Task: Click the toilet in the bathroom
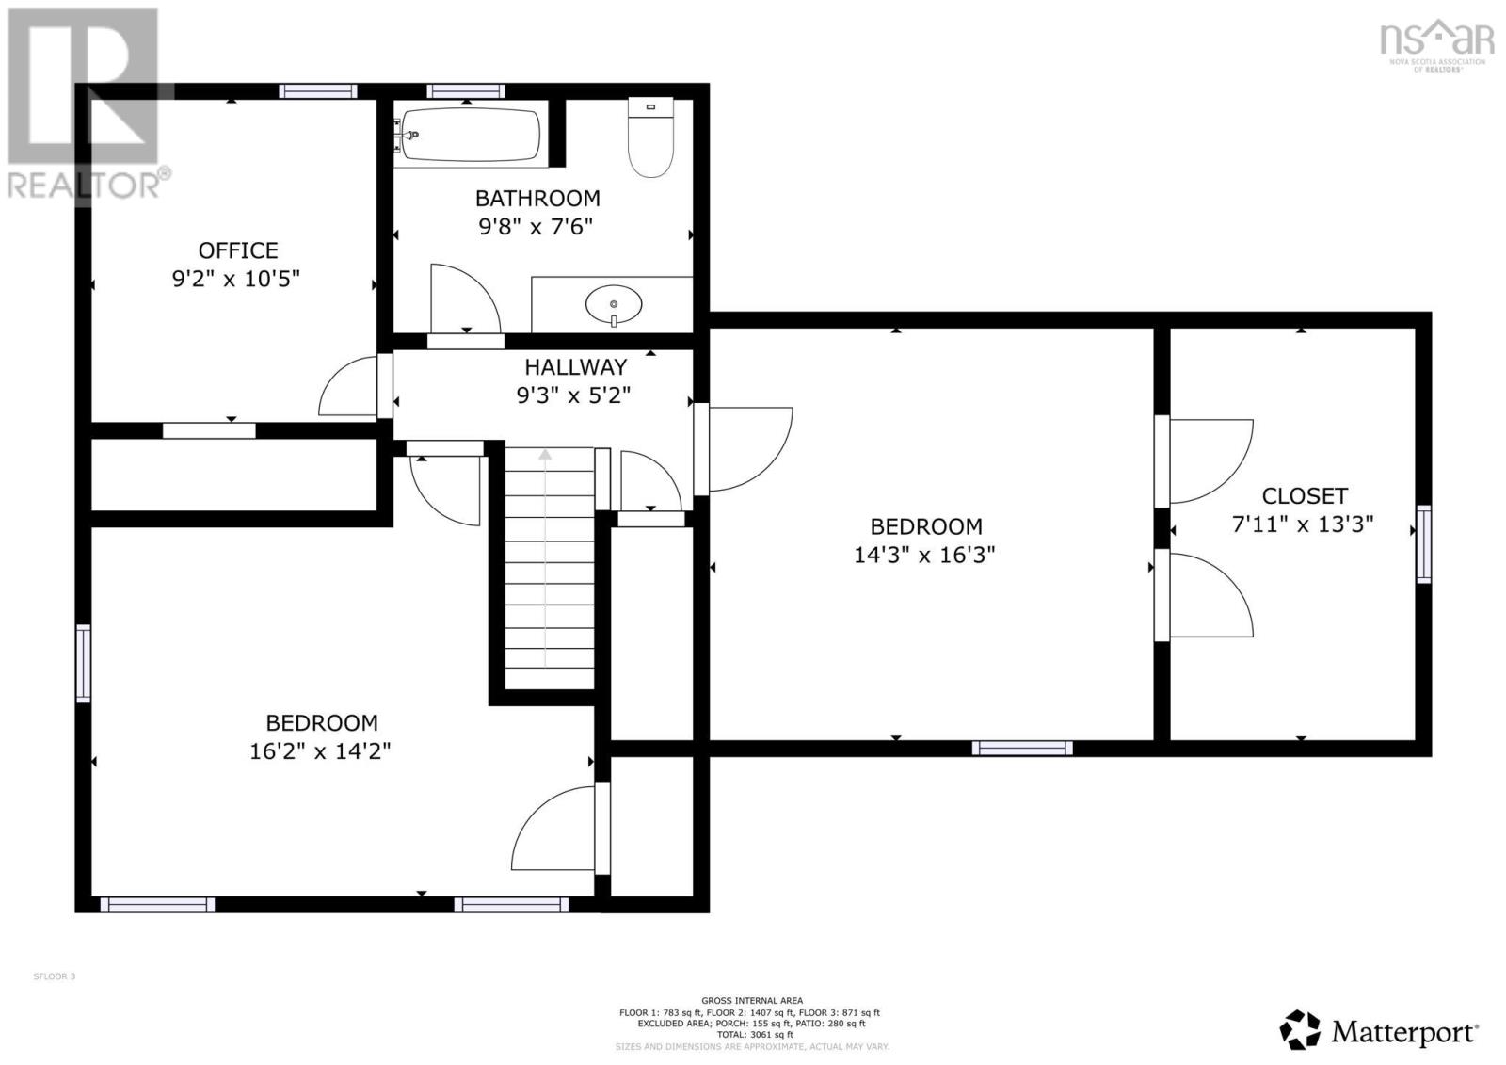coord(651,138)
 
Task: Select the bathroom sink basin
coord(614,304)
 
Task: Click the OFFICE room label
coord(238,250)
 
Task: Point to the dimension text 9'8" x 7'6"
coord(536,227)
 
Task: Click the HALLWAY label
coord(575,367)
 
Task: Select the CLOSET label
coord(1305,496)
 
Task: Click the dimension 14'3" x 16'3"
coord(924,556)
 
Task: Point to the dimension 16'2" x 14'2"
coord(320,751)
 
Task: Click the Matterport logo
coord(1380,1031)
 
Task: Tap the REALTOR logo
coord(88,104)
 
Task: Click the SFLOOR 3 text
coord(55,976)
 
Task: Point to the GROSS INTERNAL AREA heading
coord(752,1001)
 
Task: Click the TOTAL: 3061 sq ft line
coord(752,1035)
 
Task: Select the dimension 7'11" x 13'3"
coord(1303,524)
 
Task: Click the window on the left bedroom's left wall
coord(84,663)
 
